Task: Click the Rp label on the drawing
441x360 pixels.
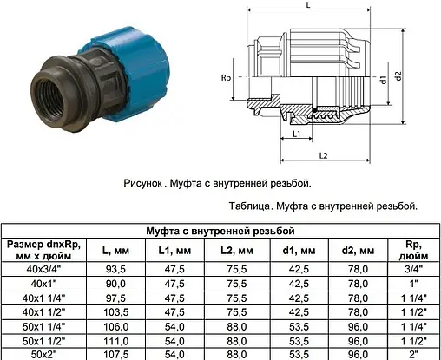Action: pos(227,79)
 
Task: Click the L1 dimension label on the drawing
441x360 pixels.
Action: pos(298,134)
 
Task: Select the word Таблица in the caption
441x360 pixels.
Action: pos(252,207)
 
